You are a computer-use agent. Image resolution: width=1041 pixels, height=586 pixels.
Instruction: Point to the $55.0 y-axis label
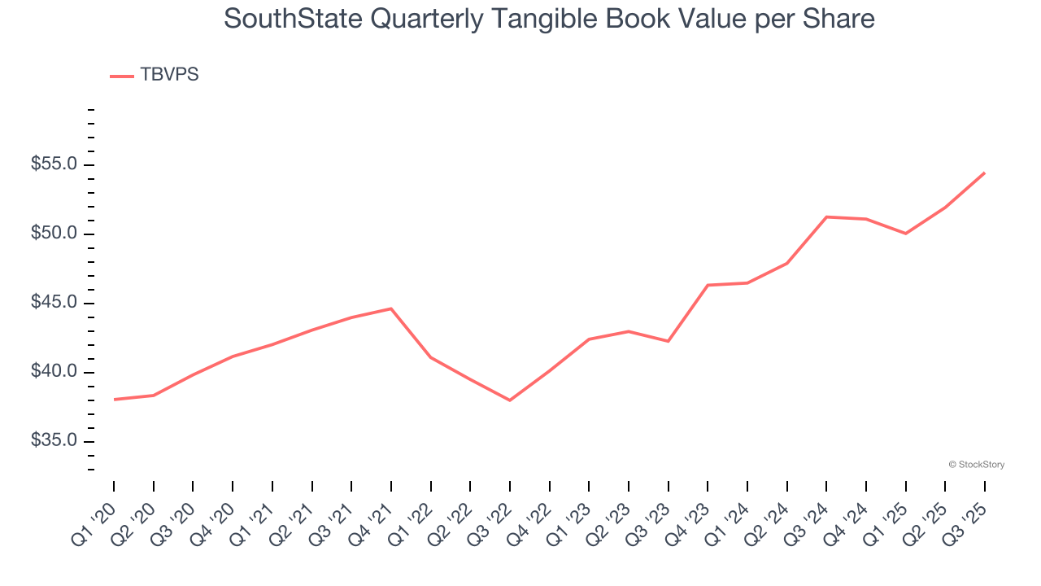(x=54, y=164)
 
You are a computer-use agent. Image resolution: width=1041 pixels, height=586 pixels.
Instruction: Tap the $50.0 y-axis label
(x=54, y=234)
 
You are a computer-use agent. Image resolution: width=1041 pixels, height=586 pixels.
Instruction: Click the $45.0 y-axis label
(x=54, y=303)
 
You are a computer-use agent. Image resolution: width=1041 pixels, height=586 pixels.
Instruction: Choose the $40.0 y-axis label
(x=54, y=372)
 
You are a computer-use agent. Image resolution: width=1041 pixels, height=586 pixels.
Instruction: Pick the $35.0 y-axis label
(x=54, y=441)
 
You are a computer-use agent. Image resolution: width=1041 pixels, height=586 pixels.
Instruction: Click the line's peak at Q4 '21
(x=391, y=308)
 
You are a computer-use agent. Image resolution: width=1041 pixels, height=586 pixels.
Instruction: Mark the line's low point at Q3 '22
(x=510, y=400)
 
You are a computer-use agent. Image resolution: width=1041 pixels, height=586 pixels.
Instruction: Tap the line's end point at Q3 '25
(x=984, y=173)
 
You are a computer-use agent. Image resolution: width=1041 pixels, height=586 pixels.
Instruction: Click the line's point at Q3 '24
(x=826, y=216)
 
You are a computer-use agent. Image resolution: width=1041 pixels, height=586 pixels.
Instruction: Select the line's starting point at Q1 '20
(x=114, y=400)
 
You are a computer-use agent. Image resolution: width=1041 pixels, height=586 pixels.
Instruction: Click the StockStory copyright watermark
(x=976, y=465)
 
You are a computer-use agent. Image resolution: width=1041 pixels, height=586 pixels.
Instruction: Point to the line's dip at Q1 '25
(x=905, y=234)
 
